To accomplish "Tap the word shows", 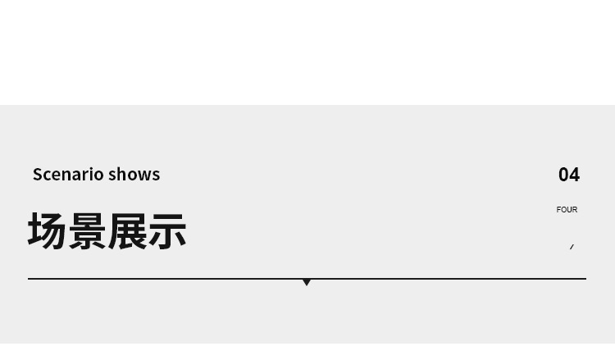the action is click(134, 175).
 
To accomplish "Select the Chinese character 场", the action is click(48, 231).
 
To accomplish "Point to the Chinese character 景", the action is click(87, 231).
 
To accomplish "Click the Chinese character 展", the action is click(127, 231).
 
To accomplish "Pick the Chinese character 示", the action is click(167, 231).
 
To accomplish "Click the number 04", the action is click(569, 175).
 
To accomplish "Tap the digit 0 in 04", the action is click(563, 175).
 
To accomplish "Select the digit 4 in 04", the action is click(575, 175).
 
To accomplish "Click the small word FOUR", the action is click(567, 210).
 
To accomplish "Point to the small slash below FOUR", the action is click(572, 247).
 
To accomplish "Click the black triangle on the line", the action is click(307, 282).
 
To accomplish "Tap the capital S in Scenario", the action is click(38, 175).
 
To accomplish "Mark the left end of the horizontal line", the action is click(30, 279).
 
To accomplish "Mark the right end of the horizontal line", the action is click(585, 279).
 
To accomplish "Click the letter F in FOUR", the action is click(559, 210).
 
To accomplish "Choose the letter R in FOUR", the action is click(575, 210).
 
